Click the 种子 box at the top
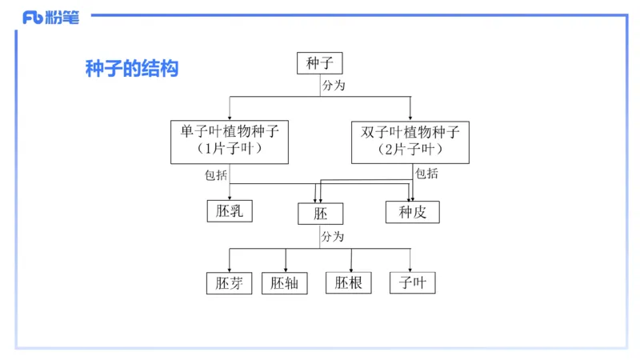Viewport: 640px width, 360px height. pyautogui.click(x=319, y=63)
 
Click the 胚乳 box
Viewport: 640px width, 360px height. pyautogui.click(x=230, y=211)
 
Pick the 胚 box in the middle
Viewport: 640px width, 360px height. pyautogui.click(x=320, y=214)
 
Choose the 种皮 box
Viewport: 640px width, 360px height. pyautogui.click(x=413, y=212)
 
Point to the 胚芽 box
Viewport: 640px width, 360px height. pyautogui.click(x=229, y=283)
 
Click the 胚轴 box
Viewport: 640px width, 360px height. pyautogui.click(x=285, y=283)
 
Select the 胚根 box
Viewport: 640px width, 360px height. pyautogui.click(x=349, y=283)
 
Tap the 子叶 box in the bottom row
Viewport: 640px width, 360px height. pyautogui.click(x=413, y=283)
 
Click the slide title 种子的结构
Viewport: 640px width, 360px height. pyautogui.click(x=131, y=69)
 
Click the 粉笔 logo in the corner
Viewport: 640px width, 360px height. pyautogui.click(x=51, y=18)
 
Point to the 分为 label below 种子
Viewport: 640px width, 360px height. pyautogui.click(x=333, y=85)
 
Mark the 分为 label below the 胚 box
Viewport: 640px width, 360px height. pyautogui.click(x=333, y=237)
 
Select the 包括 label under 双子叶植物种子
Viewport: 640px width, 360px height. pyautogui.click(x=427, y=174)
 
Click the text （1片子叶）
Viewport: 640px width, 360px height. pyautogui.click(x=230, y=150)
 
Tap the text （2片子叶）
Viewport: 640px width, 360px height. pyautogui.click(x=410, y=150)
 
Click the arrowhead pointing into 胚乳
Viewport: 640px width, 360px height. pyautogui.click(x=230, y=197)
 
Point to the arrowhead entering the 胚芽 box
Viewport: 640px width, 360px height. pyautogui.click(x=230, y=269)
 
